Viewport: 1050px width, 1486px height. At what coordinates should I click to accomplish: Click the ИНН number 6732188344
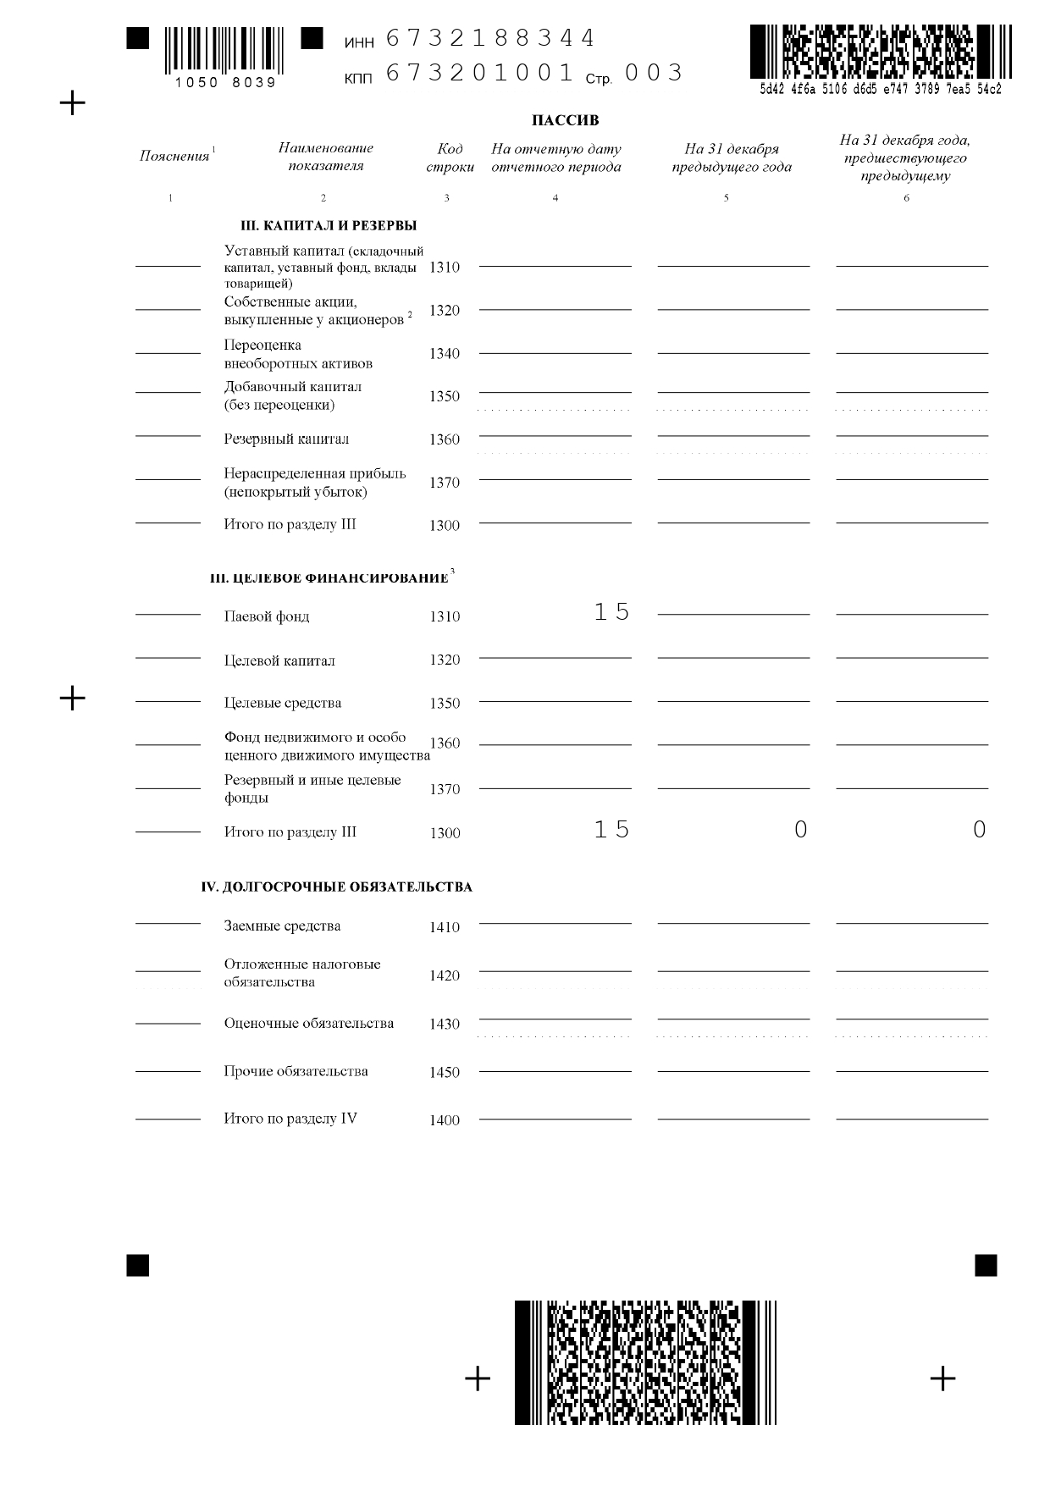(x=490, y=39)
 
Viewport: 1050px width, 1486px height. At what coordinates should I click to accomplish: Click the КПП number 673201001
(x=480, y=73)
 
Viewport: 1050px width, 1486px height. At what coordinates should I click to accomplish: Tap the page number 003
(x=653, y=73)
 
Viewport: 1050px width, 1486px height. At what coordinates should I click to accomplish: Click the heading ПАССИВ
(x=565, y=120)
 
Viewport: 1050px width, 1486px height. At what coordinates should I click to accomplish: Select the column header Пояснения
(x=174, y=156)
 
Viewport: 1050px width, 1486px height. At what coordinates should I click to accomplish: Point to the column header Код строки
(x=450, y=157)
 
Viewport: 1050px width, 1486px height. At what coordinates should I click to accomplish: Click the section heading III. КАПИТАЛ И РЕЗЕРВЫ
(x=329, y=226)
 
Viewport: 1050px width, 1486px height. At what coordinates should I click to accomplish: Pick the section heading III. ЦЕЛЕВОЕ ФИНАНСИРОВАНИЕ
(x=329, y=578)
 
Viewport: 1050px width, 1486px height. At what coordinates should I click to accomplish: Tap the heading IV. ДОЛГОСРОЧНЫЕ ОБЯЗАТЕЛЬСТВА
(x=336, y=887)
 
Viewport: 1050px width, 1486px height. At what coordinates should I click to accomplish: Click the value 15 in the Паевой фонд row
(x=611, y=612)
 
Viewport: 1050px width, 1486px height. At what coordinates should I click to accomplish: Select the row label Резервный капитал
(x=286, y=439)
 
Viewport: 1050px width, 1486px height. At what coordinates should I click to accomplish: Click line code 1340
(x=445, y=354)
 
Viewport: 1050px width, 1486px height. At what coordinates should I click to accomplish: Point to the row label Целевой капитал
(x=279, y=660)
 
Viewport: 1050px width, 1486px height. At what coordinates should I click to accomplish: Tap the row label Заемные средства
(x=282, y=926)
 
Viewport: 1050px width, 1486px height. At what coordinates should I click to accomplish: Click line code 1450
(x=445, y=1073)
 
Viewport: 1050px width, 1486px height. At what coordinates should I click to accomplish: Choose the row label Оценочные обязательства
(x=308, y=1024)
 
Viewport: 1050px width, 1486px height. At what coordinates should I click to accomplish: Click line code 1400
(x=445, y=1121)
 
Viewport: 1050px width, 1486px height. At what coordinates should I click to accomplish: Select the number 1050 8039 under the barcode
(x=225, y=83)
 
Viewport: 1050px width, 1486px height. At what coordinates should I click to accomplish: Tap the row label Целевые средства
(x=283, y=703)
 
